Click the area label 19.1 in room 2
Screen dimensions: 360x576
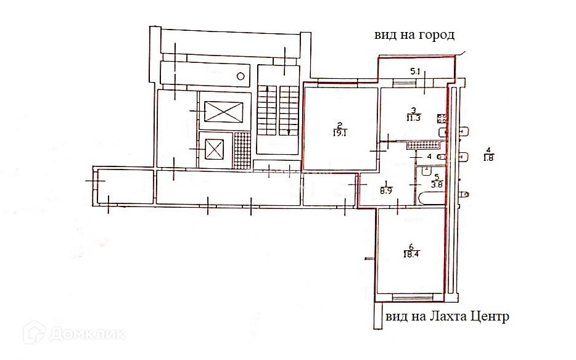tap(339, 131)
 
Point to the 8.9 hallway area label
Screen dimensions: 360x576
tap(387, 191)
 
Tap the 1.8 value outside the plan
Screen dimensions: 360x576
tap(488, 158)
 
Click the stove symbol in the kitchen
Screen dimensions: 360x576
tap(442, 118)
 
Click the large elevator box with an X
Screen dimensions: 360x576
tap(224, 112)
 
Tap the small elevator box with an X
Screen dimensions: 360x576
tap(214, 150)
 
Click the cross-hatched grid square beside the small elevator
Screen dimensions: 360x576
tap(242, 150)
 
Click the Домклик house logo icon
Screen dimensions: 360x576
tap(37, 333)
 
